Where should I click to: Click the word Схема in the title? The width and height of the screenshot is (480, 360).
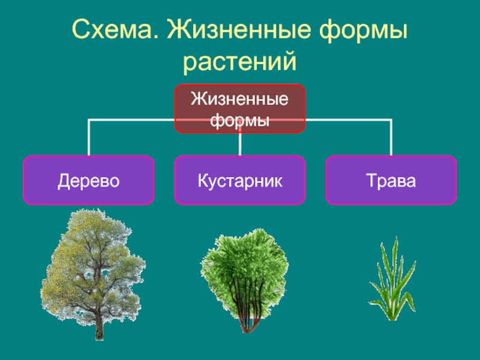point(114,29)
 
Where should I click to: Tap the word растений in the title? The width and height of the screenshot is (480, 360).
point(240,60)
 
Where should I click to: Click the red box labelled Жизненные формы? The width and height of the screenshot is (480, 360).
point(240,108)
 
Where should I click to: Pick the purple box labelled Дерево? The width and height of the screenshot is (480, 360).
point(89,180)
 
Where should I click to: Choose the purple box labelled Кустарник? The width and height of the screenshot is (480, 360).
point(240,180)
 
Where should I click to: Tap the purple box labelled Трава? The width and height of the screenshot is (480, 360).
point(391,180)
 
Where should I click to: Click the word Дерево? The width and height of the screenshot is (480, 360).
point(89,181)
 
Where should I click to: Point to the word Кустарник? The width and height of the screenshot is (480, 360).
point(240,181)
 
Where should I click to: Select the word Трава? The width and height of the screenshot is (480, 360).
point(391,181)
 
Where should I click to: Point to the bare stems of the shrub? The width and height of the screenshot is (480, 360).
point(246,315)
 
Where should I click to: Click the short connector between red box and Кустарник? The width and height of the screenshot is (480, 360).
point(240,144)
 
